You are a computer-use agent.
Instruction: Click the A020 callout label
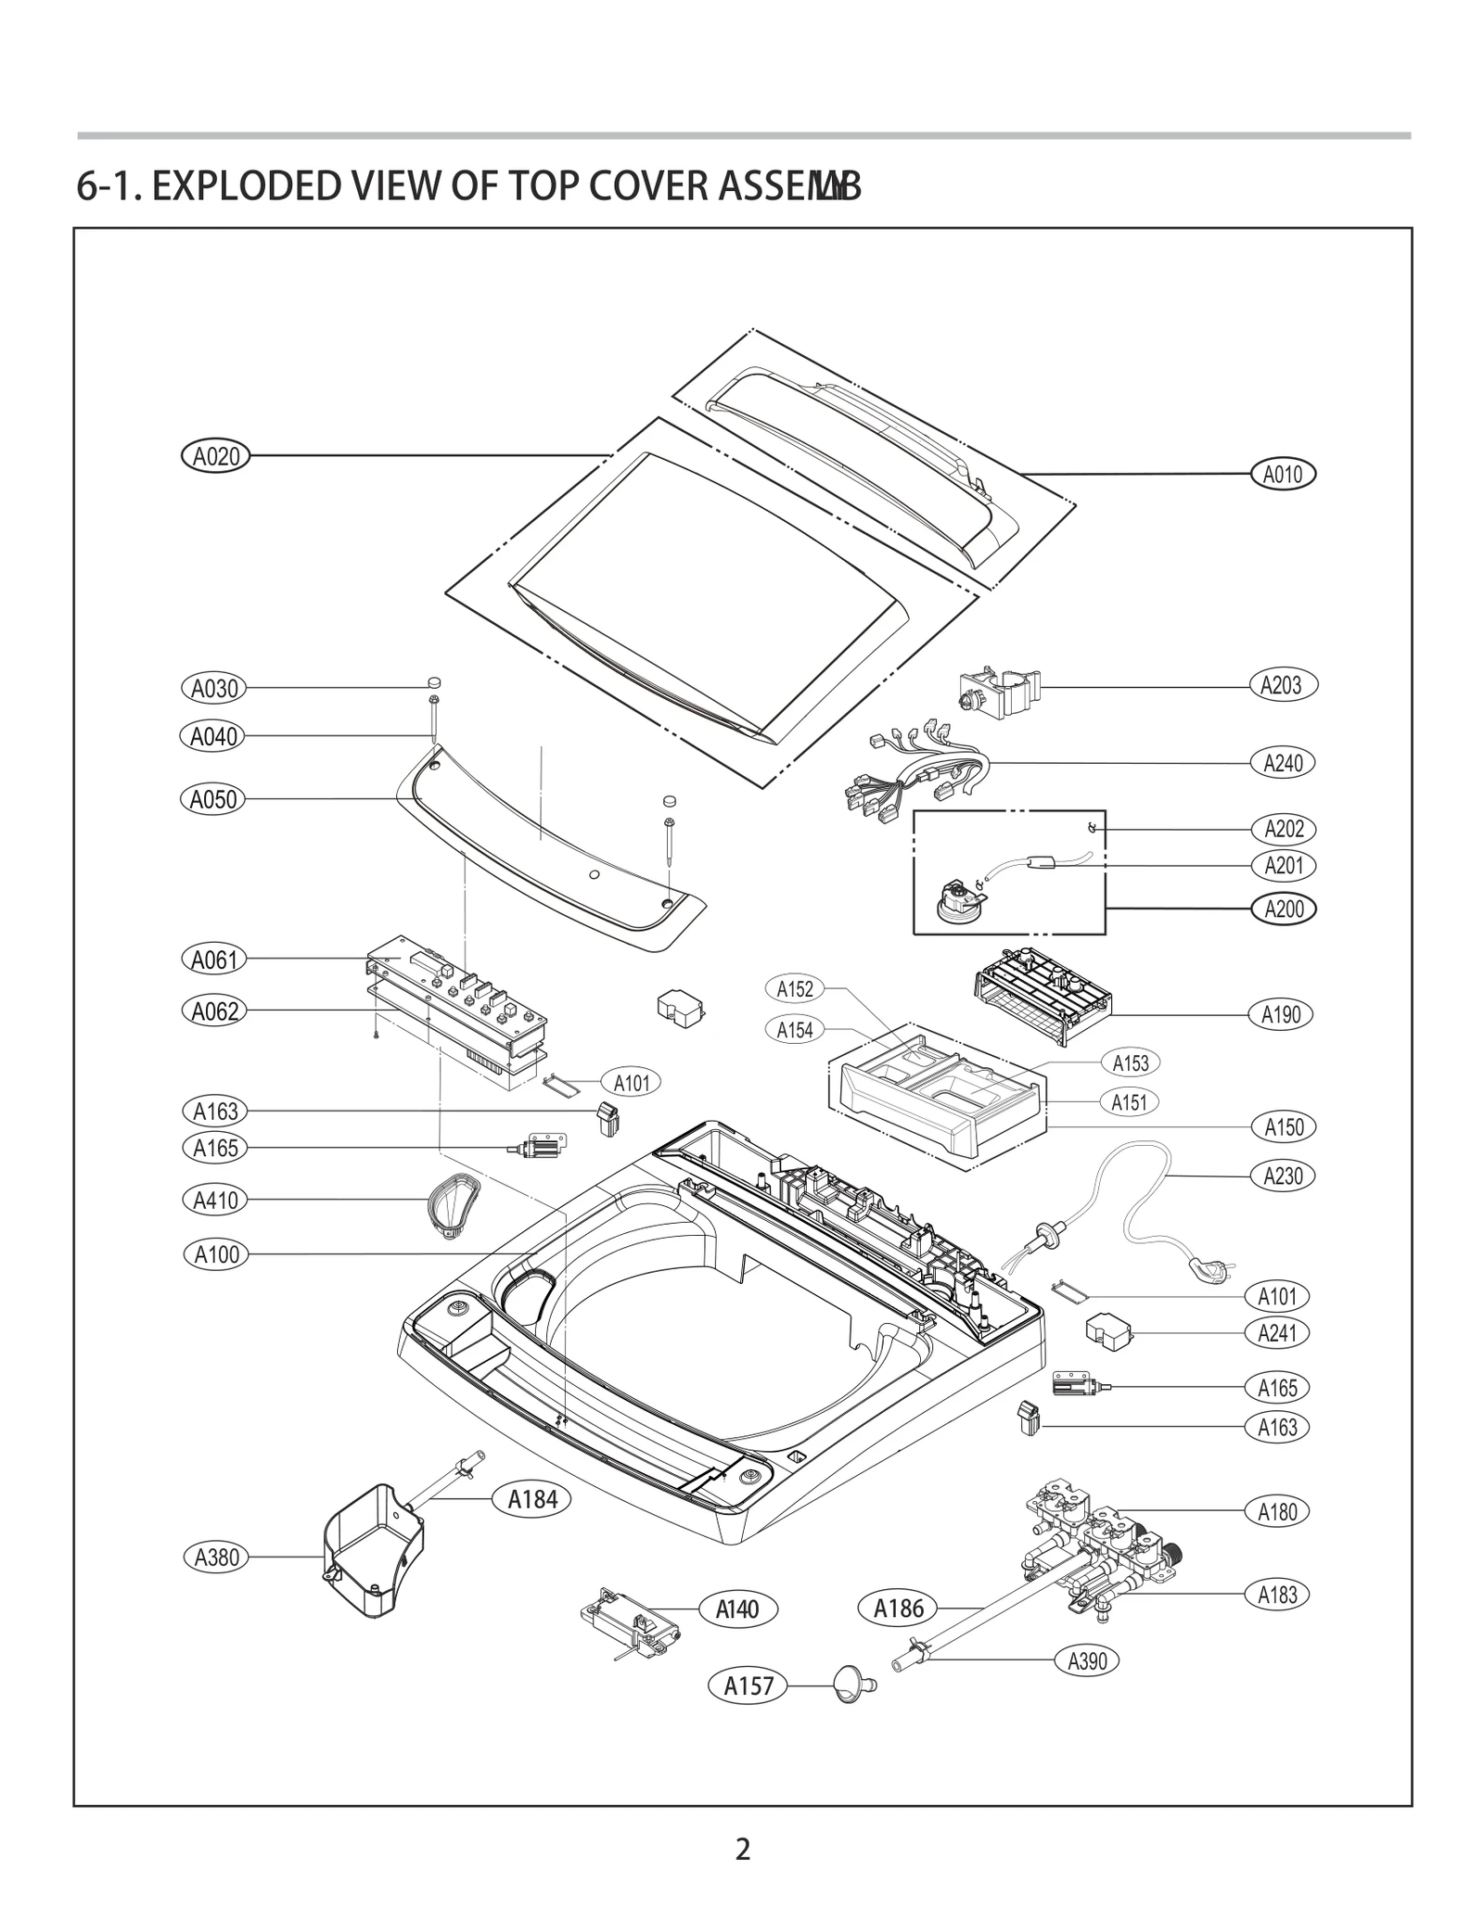[215, 456]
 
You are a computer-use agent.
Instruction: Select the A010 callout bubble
[1283, 475]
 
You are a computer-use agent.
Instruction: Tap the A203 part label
[1282, 686]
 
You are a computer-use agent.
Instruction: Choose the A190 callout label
[1281, 1014]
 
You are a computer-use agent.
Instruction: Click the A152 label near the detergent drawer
[795, 989]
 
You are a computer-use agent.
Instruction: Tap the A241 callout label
[1277, 1333]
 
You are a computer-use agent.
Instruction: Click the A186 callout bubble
[899, 1608]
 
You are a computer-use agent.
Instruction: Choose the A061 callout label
[214, 960]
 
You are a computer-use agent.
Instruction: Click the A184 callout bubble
[532, 1499]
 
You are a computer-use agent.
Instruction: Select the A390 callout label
[1087, 1661]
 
